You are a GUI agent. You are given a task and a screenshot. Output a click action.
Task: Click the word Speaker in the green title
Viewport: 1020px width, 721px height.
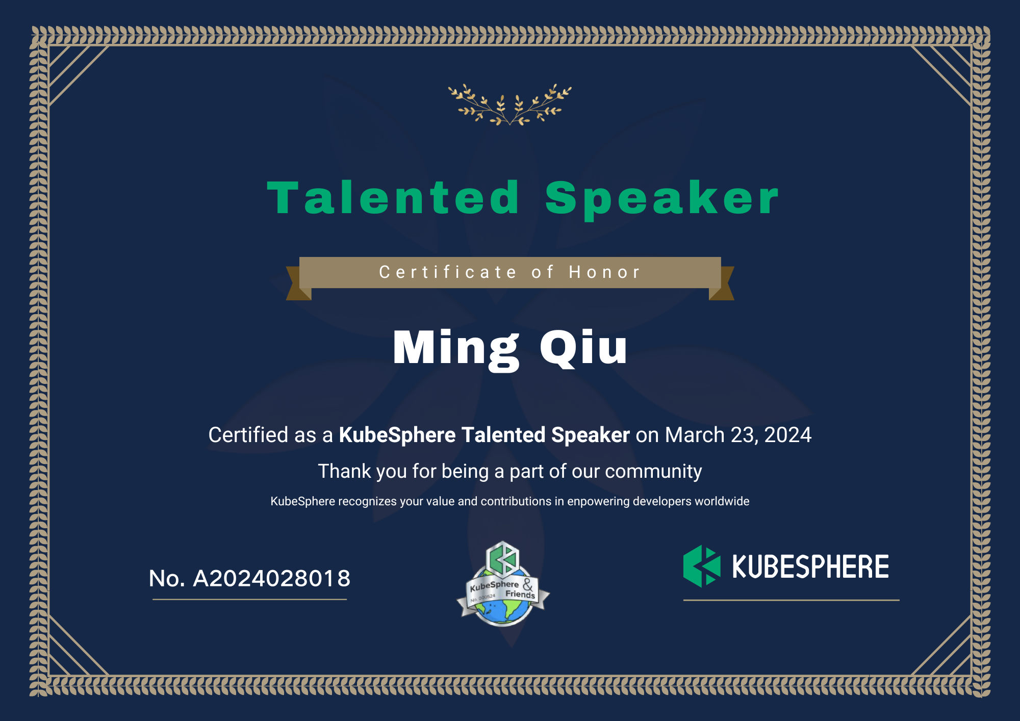[662, 200]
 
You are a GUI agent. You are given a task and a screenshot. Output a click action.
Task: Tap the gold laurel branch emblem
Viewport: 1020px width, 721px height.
[510, 105]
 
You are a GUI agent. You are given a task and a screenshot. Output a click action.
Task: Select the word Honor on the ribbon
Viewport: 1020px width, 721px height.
[604, 272]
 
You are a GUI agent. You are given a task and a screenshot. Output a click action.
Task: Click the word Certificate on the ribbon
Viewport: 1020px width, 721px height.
[448, 272]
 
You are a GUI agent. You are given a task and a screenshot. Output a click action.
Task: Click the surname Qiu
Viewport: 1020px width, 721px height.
[583, 348]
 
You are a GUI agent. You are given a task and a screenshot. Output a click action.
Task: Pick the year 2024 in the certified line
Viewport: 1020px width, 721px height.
[787, 435]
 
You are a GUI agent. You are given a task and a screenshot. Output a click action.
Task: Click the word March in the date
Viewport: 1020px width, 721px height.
[695, 435]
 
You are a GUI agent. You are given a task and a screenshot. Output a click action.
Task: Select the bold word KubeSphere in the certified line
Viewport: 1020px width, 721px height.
[397, 435]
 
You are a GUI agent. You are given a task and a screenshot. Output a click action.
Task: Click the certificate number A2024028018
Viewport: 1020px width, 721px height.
[271, 578]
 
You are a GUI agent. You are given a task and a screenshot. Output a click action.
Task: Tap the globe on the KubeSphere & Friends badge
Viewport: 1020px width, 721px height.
[503, 609]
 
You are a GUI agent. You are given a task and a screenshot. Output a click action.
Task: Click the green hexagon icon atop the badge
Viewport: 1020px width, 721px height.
[503, 559]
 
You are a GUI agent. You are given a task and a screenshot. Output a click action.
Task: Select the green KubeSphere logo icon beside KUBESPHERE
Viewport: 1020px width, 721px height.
[702, 566]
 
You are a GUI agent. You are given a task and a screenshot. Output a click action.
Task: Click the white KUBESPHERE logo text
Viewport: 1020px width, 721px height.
[810, 566]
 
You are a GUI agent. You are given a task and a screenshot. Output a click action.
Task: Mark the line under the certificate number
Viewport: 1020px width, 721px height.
[249, 599]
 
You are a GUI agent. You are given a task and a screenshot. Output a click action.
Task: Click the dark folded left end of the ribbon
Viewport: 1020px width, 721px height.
[298, 284]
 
